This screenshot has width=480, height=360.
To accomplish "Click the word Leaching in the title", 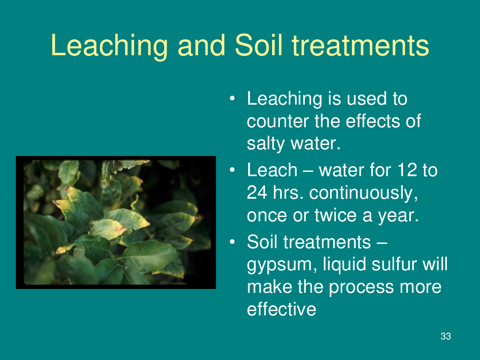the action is tap(109, 46).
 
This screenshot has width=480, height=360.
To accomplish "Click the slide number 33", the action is tap(446, 336).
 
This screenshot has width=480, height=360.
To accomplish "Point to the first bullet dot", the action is tap(232, 98).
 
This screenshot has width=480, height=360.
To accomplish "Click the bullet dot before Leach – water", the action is tap(232, 170).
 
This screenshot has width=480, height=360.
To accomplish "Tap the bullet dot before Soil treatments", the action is tap(232, 242).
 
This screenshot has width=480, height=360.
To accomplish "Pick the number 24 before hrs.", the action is tap(257, 192).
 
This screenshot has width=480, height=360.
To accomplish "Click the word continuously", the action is tap(363, 193).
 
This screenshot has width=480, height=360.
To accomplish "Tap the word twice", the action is tap(336, 215).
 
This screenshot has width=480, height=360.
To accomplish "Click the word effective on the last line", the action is tap(281, 309).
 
